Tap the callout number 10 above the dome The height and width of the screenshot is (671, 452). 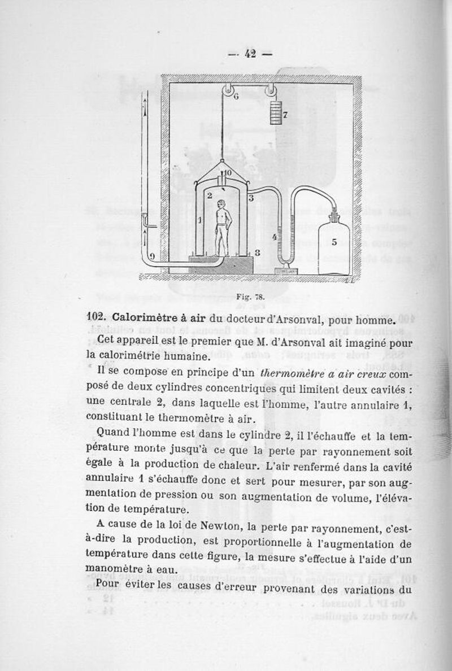coord(228,172)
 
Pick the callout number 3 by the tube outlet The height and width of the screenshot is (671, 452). coord(251,199)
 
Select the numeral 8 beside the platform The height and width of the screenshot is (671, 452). coord(257,254)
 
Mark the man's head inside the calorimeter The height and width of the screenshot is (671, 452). coord(223,206)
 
